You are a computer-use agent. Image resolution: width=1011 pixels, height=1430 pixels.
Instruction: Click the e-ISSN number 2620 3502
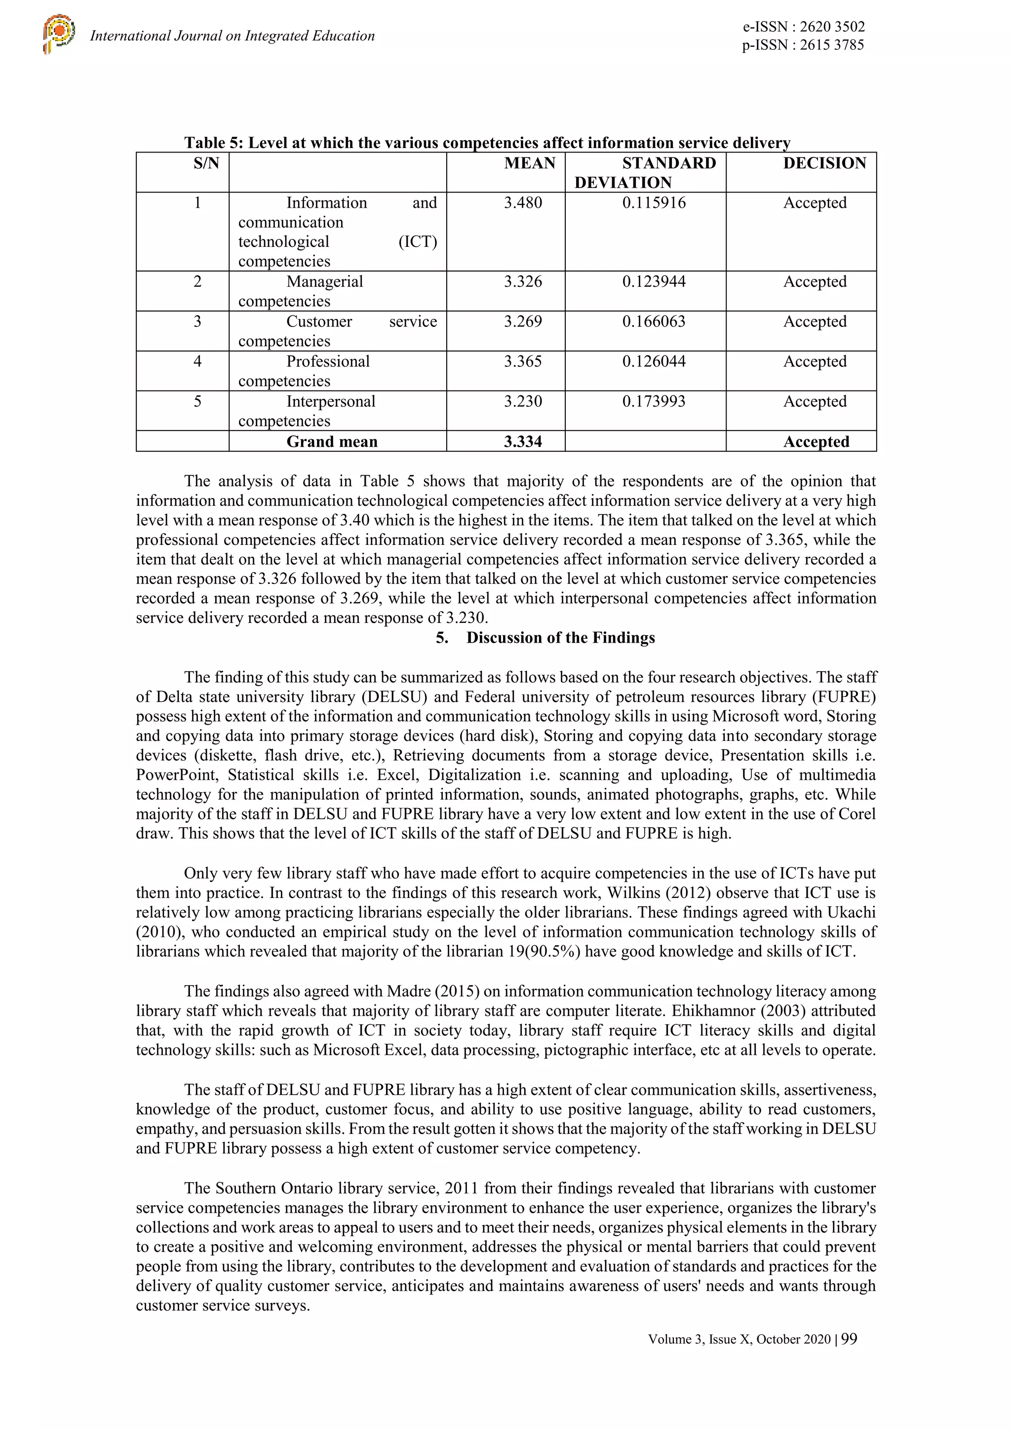[x=832, y=27]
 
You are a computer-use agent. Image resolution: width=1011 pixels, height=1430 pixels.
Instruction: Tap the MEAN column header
[x=530, y=163]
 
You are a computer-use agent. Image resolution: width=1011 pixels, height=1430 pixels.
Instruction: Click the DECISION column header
[x=824, y=163]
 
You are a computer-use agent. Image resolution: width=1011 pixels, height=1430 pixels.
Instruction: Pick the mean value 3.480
[x=523, y=203]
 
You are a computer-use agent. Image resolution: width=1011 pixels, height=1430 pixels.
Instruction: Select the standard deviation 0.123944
[x=654, y=281]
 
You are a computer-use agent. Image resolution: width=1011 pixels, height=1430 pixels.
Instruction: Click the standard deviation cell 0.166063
[x=654, y=321]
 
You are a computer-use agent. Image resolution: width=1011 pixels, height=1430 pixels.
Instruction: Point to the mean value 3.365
[x=523, y=361]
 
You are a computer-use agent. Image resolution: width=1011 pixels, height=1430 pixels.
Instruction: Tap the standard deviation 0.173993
[x=654, y=401]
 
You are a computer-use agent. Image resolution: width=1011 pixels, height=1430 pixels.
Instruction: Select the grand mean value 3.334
[x=523, y=442]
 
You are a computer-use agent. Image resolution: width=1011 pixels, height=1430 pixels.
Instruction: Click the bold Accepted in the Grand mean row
[x=816, y=442]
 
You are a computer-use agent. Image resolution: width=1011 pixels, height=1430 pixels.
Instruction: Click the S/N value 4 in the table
[x=197, y=361]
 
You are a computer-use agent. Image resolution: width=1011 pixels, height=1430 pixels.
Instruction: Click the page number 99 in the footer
[x=849, y=1339]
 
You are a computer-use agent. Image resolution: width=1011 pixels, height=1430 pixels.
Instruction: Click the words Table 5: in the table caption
[x=214, y=143]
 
